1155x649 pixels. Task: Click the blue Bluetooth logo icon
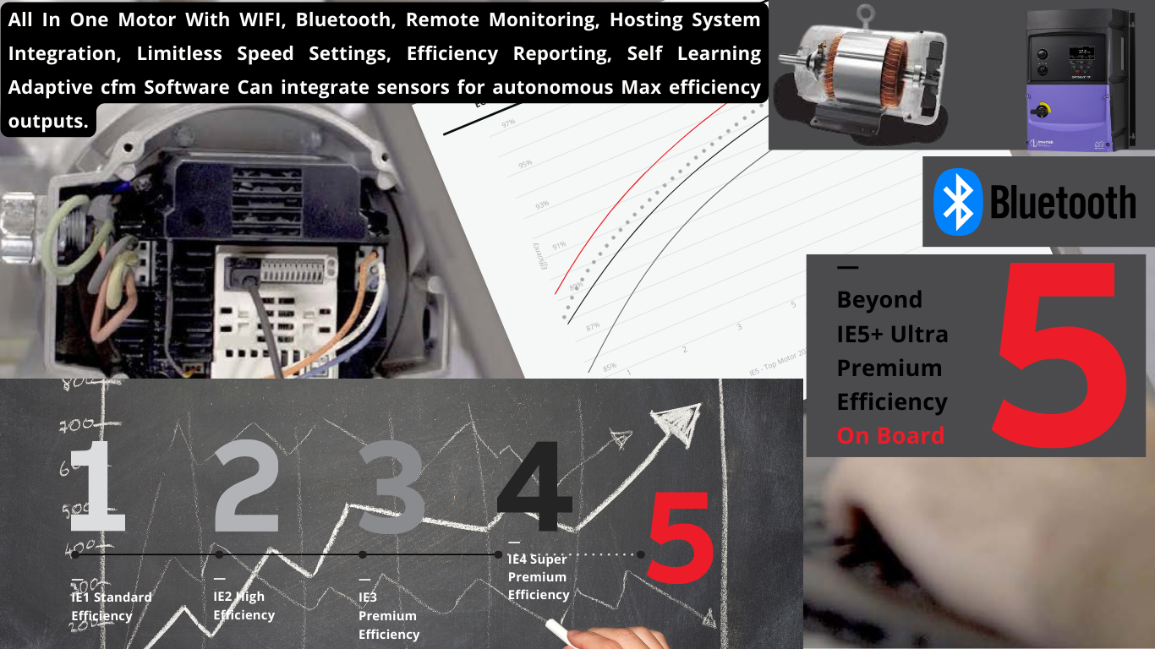(x=958, y=201)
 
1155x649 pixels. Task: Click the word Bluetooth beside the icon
(x=1063, y=203)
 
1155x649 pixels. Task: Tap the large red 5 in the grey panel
(x=1062, y=355)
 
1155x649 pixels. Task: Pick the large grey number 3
(x=391, y=488)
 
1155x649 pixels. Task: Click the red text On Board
(x=890, y=436)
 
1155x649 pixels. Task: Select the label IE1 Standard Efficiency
(x=110, y=606)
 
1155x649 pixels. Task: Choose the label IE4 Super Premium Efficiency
(x=538, y=576)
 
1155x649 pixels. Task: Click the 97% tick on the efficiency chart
(x=508, y=123)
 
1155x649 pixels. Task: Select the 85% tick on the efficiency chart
(x=610, y=368)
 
